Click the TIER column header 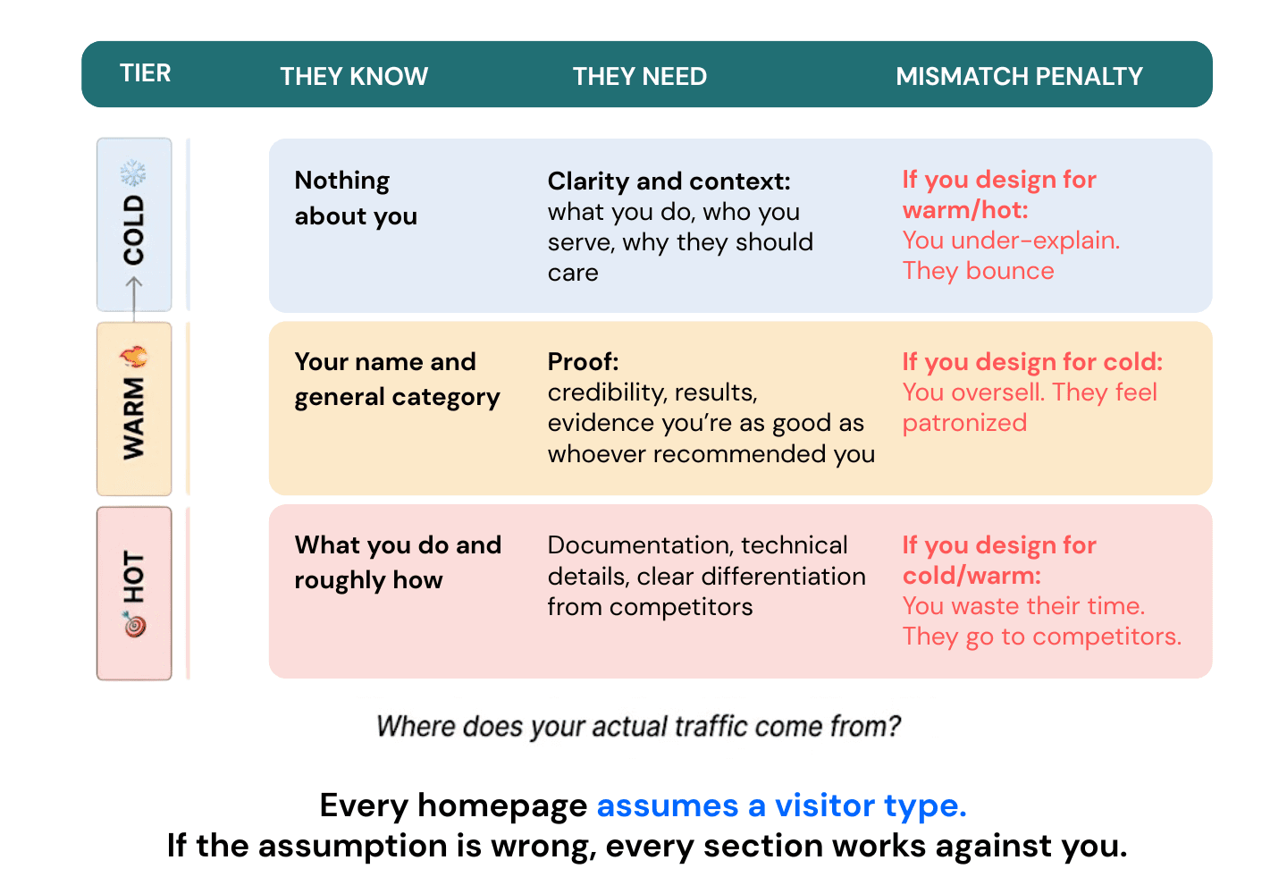point(145,73)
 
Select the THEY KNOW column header point(354,77)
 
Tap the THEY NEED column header point(640,77)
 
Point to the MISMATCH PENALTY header point(1019,77)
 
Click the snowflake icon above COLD point(133,172)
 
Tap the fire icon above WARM point(134,358)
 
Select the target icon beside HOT point(134,624)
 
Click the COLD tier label point(134,230)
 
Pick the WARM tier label point(134,418)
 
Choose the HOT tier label point(134,577)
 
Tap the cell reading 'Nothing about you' point(355,198)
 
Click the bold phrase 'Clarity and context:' point(669,181)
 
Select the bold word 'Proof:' point(583,362)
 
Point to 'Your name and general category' point(397,379)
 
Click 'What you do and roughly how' point(397,562)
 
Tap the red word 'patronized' point(964,423)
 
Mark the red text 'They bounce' point(978,271)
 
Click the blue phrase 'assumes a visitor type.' point(781,806)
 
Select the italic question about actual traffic point(638,726)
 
